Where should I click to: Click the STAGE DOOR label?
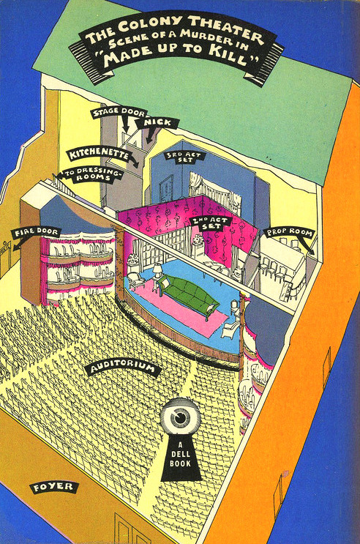(x=119, y=113)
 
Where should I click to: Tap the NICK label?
(x=157, y=123)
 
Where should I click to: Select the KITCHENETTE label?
(x=99, y=154)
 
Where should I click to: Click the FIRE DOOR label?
(x=36, y=232)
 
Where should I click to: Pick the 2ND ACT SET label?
(x=210, y=223)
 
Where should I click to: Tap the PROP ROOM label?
(x=289, y=232)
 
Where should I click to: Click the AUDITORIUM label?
(x=123, y=368)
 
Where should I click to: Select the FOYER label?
(x=53, y=487)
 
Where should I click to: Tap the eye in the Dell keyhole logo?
(x=180, y=417)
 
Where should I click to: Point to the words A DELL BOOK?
(x=181, y=455)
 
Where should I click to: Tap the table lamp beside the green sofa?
(x=157, y=270)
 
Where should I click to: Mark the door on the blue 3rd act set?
(x=166, y=190)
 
